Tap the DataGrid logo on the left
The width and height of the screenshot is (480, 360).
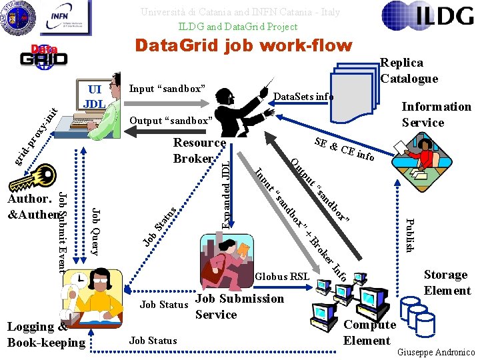coord(43,56)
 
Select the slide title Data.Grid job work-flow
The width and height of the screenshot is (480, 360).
coord(243,45)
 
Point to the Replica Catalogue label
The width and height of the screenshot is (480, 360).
coord(409,70)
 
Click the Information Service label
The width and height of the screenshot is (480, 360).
coord(435,114)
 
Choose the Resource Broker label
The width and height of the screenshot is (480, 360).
coord(199,150)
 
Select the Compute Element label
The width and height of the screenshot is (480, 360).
coord(369,332)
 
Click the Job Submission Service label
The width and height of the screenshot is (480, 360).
coord(230,306)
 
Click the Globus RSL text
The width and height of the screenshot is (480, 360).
coord(283,276)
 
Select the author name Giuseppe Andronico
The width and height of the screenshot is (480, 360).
coord(436,351)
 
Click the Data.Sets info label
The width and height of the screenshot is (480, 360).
coord(304,97)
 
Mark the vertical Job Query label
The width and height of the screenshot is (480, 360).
coord(96,231)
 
